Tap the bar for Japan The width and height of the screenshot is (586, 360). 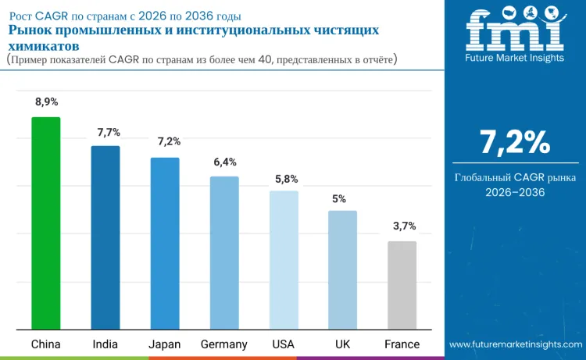click(x=165, y=243)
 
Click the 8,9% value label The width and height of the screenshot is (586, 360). click(x=46, y=102)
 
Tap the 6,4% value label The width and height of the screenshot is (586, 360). click(x=225, y=162)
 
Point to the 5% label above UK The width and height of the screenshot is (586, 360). click(x=339, y=198)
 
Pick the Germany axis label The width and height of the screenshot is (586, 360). click(x=224, y=344)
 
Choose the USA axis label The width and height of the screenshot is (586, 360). click(x=283, y=344)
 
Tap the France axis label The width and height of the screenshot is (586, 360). click(x=402, y=344)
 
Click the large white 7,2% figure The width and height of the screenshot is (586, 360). click(x=515, y=142)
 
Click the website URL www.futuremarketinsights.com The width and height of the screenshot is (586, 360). click(x=515, y=344)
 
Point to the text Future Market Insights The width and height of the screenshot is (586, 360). click(x=514, y=59)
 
